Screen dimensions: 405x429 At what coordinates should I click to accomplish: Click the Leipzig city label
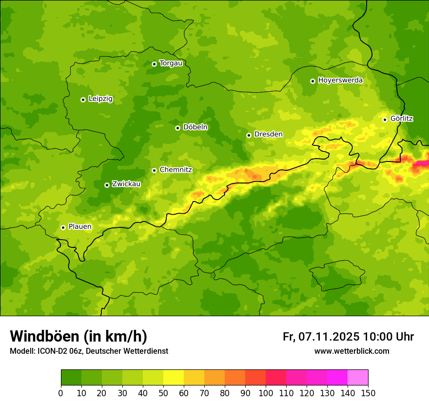pos(100,99)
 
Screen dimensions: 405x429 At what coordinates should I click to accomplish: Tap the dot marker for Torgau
pos(154,64)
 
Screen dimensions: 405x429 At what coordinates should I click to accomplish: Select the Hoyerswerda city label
pos(340,81)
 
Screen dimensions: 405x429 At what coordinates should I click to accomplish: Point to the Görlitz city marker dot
pos(385,120)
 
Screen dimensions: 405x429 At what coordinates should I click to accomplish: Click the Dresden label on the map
pos(268,135)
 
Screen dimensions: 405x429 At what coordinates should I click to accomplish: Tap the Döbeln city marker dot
pos(177,128)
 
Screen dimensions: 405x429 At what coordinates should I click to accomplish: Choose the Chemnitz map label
pos(175,170)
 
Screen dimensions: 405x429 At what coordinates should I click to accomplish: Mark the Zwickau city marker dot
pos(107,185)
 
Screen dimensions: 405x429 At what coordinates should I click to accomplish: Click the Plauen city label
pos(80,227)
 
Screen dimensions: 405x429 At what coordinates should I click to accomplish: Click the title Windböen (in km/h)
pos(78,336)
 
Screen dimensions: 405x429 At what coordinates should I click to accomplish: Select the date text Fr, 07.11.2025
pos(321,337)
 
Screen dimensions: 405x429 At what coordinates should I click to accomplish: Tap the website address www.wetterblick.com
pos(351,351)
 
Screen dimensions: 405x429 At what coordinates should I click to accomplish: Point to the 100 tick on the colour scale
pos(266,393)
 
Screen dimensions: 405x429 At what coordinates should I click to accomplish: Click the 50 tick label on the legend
pos(163,393)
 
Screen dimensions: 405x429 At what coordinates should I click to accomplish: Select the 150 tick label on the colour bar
pos(368,393)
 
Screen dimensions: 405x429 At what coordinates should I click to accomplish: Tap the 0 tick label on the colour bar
pos(61,393)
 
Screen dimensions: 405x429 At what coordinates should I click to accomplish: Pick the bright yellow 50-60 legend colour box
pos(174,378)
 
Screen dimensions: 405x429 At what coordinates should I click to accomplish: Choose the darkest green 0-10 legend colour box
pos(71,378)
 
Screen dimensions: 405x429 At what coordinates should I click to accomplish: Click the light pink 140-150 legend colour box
pos(358,378)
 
